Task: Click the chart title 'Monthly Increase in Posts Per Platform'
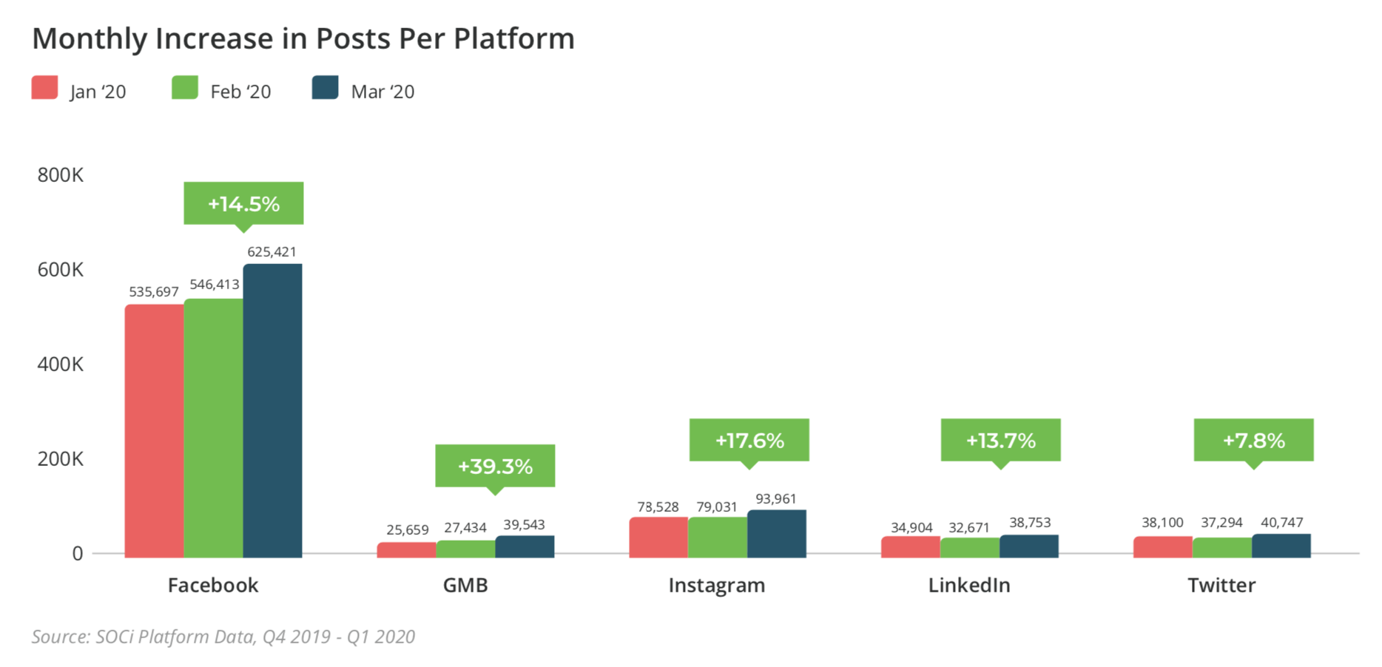(x=303, y=38)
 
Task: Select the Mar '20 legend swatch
(x=325, y=87)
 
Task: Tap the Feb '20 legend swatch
(x=185, y=87)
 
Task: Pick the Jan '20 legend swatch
(x=45, y=87)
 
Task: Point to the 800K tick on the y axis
(x=61, y=175)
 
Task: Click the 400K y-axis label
(x=61, y=365)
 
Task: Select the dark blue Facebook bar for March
(x=272, y=410)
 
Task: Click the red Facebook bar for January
(x=154, y=430)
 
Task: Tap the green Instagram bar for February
(x=718, y=538)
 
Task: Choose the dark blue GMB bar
(x=525, y=546)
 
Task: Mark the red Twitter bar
(x=1162, y=547)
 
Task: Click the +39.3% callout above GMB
(x=495, y=466)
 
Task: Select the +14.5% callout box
(x=243, y=203)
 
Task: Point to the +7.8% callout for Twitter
(x=1253, y=440)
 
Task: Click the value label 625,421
(x=272, y=252)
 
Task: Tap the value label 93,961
(x=775, y=499)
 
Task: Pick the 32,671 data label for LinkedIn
(x=969, y=527)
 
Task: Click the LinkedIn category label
(x=969, y=585)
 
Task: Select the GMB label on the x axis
(x=465, y=585)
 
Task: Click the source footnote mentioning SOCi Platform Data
(x=223, y=637)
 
